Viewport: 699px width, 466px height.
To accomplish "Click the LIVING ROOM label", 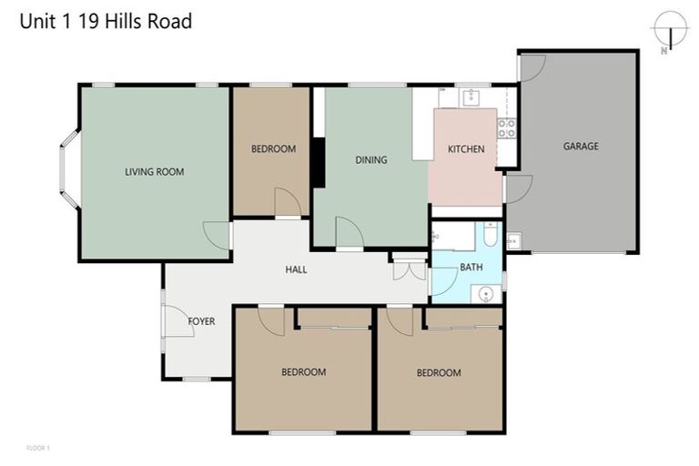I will tap(154, 171).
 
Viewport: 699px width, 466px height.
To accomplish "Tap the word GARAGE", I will tap(580, 146).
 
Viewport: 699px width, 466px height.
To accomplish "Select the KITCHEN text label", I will tap(466, 149).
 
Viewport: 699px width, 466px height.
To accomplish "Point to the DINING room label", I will tap(370, 160).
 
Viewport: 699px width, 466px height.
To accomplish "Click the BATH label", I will tap(471, 268).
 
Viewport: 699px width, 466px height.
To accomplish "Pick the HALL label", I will tap(296, 269).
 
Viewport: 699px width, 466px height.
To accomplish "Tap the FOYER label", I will tap(201, 321).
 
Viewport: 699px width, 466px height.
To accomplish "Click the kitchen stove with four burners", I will tap(507, 128).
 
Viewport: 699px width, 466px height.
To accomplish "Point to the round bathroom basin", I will tap(486, 293).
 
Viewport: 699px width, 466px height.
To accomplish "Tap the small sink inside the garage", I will tap(513, 241).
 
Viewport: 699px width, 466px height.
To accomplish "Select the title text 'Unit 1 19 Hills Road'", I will tap(106, 21).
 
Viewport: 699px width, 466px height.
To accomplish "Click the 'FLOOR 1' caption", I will tap(37, 448).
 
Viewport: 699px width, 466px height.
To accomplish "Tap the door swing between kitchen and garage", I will tap(517, 189).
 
